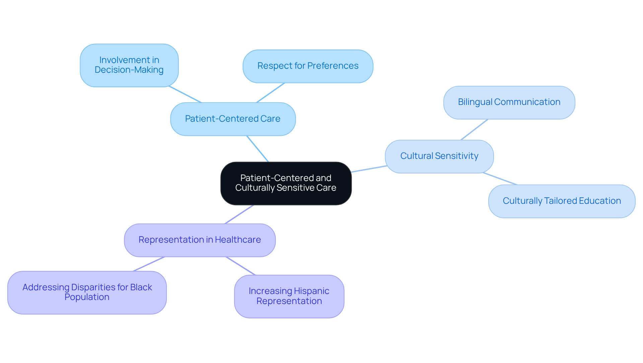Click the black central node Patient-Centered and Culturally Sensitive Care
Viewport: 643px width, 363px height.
coord(286,183)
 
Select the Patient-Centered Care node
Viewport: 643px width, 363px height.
coord(233,119)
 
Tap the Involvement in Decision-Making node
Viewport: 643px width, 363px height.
coord(129,65)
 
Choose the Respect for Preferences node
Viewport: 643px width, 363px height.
coord(308,66)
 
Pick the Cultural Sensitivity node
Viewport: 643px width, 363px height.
coord(439,157)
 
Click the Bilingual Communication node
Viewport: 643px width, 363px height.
coord(509,103)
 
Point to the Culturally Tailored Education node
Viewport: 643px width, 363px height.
coord(562,201)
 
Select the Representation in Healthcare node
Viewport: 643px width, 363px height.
coord(200,240)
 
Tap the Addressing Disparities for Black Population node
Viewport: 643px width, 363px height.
coord(87,292)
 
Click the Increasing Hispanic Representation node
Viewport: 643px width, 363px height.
coord(289,296)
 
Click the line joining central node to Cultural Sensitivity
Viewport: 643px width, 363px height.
coord(369,169)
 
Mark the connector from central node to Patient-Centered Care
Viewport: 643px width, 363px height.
coord(258,149)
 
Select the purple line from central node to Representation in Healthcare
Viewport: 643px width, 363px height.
coord(239,215)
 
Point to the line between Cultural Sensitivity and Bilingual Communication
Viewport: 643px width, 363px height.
coord(474,130)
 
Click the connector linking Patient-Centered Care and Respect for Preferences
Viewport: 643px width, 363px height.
coord(271,93)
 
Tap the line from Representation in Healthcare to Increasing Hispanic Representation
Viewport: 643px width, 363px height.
coord(241,266)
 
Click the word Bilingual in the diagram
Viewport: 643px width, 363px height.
coord(475,102)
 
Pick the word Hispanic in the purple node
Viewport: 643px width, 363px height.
coord(311,291)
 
